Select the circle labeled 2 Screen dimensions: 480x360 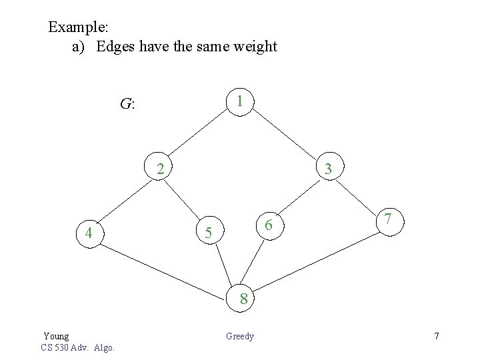pos(160,169)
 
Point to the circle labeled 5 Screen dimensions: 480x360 pos(208,233)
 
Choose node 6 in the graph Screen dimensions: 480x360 pos(268,226)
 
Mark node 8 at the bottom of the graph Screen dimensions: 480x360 pos(243,299)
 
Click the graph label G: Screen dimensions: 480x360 pos(127,104)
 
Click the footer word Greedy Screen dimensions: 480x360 pos(240,336)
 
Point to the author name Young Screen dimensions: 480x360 pos(56,336)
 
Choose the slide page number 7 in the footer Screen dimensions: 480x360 pos(437,336)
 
